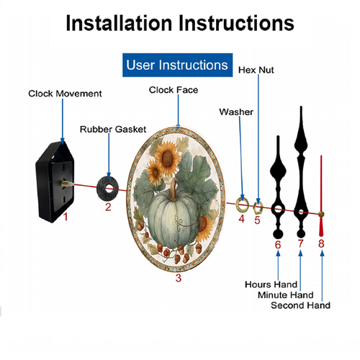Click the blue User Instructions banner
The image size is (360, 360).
pyautogui.click(x=177, y=65)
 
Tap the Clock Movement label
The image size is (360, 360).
pyautogui.click(x=65, y=94)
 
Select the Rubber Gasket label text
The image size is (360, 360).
pyautogui.click(x=113, y=130)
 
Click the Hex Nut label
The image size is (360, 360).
pyautogui.click(x=256, y=70)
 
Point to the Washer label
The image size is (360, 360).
pyautogui.click(x=236, y=112)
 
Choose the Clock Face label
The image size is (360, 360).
pyautogui.click(x=174, y=90)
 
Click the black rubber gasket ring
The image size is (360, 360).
pyautogui.click(x=107, y=189)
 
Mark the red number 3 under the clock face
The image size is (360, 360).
pyautogui.click(x=179, y=278)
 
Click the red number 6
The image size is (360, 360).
pyautogui.click(x=278, y=245)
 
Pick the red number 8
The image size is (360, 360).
pyautogui.click(x=321, y=243)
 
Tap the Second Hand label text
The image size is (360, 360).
pyautogui.click(x=300, y=305)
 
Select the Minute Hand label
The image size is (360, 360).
pyautogui.click(x=286, y=295)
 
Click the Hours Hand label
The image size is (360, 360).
pyautogui.click(x=271, y=284)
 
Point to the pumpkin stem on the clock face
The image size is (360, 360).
pyautogui.click(x=174, y=190)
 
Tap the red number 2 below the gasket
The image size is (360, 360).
pyautogui.click(x=108, y=207)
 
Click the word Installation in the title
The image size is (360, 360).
pyautogui.click(x=119, y=23)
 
